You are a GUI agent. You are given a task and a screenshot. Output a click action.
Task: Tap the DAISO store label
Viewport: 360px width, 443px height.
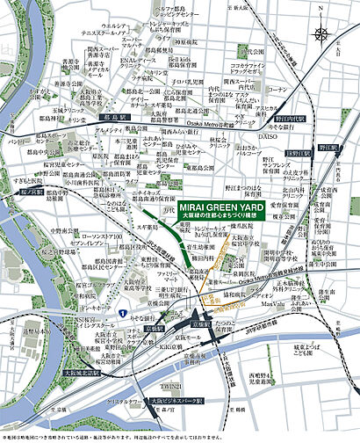[x=270, y=137]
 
